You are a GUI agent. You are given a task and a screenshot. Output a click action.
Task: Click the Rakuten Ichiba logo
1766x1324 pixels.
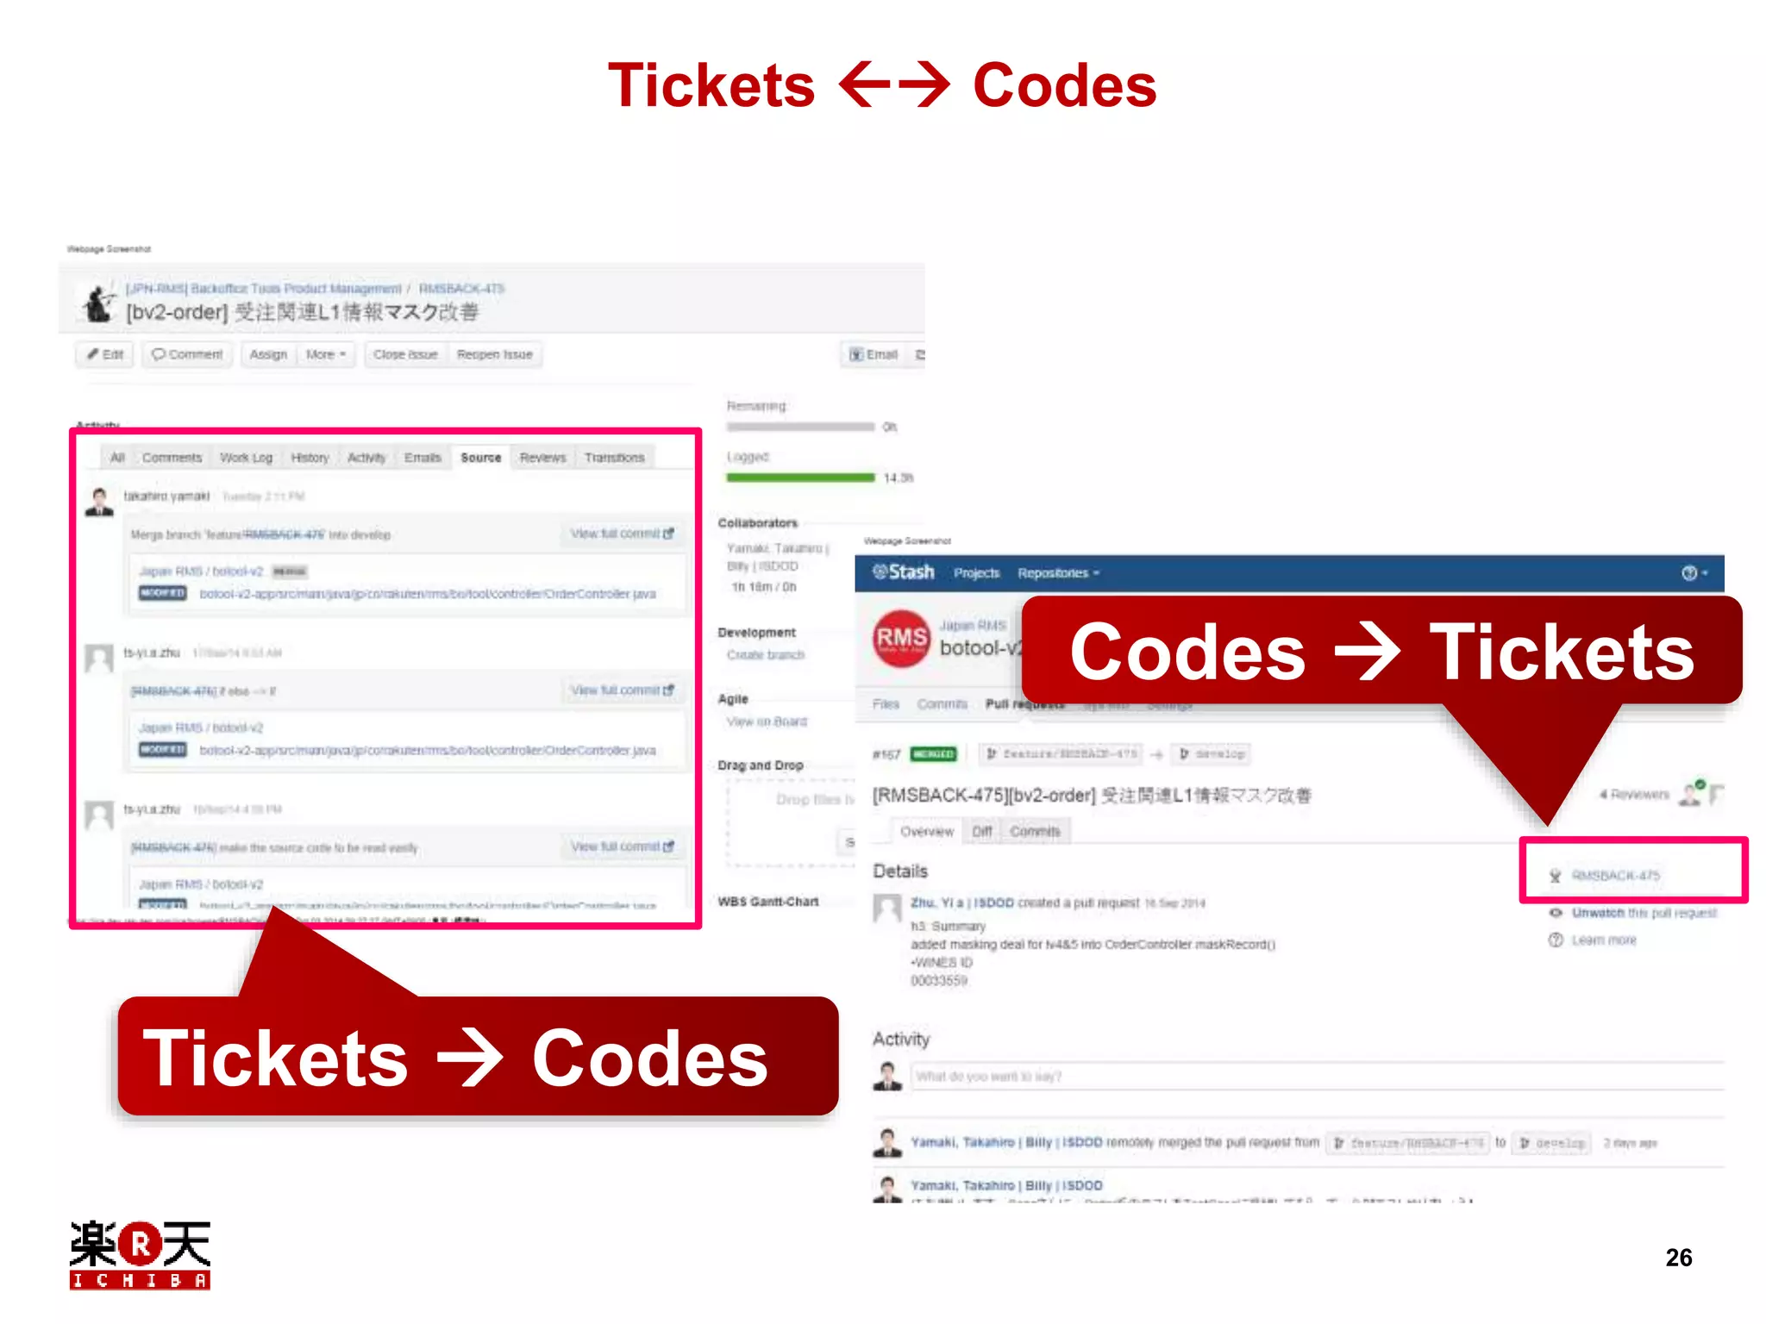[140, 1254]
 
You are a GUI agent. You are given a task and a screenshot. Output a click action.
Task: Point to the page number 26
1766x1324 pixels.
[1678, 1258]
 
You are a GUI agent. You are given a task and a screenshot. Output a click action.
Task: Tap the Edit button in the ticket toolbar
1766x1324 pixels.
[105, 354]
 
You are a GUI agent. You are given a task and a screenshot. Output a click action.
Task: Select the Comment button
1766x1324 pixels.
[187, 354]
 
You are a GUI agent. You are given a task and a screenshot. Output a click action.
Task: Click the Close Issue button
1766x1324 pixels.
[405, 354]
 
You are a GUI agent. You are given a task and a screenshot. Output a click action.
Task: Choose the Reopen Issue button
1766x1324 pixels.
[494, 354]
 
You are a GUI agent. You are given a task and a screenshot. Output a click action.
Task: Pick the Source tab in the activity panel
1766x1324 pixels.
[480, 458]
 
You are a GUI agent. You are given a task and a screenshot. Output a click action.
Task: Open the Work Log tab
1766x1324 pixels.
[246, 458]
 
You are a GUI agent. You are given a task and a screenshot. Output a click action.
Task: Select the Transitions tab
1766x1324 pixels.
[614, 458]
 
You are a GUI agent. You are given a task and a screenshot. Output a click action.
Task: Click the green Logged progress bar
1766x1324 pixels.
[800, 478]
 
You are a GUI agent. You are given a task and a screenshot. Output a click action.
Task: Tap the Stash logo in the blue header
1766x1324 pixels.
[903, 572]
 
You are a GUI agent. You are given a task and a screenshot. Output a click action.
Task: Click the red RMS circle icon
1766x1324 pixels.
[901, 639]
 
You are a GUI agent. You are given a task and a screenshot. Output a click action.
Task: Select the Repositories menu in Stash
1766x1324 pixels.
[1057, 573]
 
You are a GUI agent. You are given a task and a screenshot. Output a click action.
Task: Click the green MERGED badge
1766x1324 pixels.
[933, 754]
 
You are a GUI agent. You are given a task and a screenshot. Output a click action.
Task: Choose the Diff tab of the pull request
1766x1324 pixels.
[982, 832]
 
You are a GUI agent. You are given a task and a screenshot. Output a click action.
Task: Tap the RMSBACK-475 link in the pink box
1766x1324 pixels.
[1615, 876]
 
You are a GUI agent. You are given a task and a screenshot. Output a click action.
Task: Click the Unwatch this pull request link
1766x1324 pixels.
[1644, 913]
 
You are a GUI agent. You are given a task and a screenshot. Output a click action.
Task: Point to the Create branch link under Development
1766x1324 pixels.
[765, 655]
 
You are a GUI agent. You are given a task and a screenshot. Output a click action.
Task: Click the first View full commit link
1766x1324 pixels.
[621, 534]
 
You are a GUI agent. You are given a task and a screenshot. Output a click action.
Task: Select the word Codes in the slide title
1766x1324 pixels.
[1064, 86]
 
